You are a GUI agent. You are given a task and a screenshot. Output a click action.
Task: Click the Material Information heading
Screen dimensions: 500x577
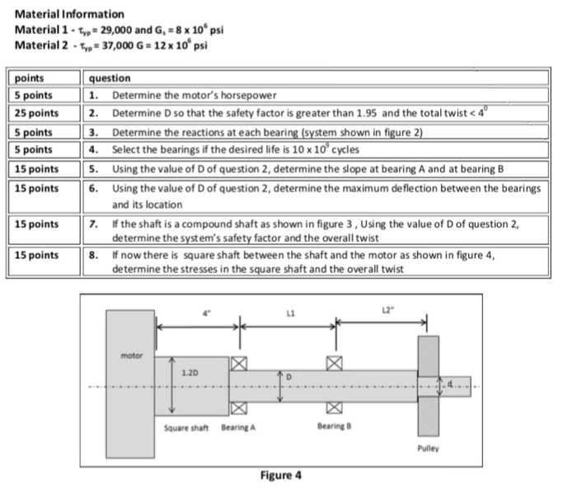tap(70, 14)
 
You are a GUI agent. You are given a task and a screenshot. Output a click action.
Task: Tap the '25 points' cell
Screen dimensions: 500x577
tap(36, 113)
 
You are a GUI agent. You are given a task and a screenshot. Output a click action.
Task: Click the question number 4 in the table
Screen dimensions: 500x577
tap(94, 149)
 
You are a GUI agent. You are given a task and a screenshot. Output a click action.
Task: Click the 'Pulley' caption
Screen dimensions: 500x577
tap(429, 447)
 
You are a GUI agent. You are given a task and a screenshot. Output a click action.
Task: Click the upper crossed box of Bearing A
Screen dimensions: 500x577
tap(240, 363)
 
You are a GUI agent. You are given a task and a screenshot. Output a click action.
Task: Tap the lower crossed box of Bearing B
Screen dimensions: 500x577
tap(334, 407)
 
